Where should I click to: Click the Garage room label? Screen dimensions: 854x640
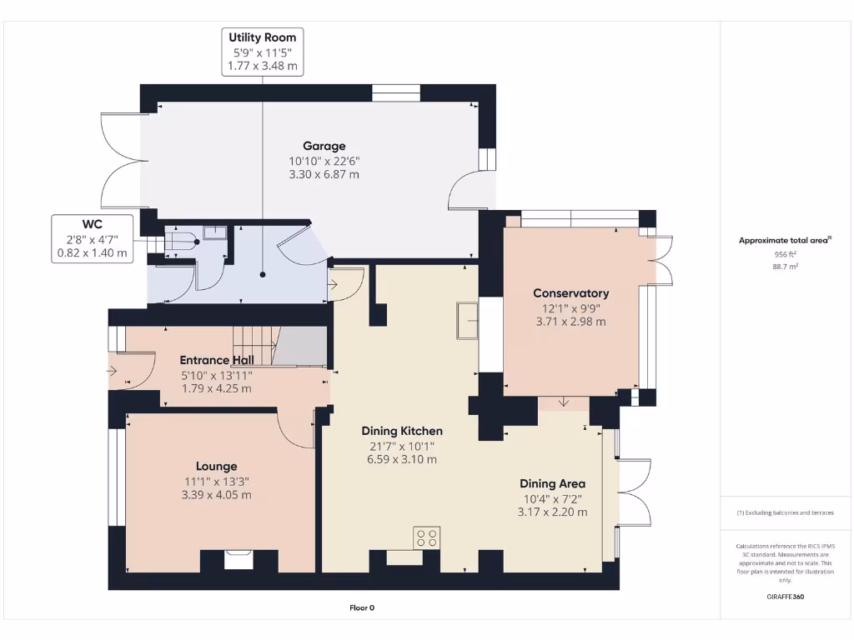324,146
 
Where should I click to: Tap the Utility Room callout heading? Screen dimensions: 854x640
263,37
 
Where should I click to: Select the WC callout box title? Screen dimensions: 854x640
92,224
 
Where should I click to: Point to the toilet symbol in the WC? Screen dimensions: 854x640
183,241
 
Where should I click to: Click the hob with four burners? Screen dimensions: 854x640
426,538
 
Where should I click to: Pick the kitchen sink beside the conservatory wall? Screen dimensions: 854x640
467,321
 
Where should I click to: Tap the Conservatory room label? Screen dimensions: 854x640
570,293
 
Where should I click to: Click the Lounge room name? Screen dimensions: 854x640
216,467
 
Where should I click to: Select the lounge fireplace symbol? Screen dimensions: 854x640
239,560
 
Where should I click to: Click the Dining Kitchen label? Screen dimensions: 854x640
402,431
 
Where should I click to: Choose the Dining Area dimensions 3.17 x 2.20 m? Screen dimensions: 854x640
552,512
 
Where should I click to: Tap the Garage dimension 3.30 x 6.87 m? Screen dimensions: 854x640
324,175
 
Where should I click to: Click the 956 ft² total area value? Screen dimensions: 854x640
785,255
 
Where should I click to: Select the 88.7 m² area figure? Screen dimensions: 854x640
785,267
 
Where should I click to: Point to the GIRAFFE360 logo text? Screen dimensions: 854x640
785,597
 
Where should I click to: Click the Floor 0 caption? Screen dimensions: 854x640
362,607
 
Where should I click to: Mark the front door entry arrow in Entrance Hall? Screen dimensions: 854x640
112,371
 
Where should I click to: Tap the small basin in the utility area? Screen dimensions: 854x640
215,233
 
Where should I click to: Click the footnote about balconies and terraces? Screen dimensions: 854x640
785,512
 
